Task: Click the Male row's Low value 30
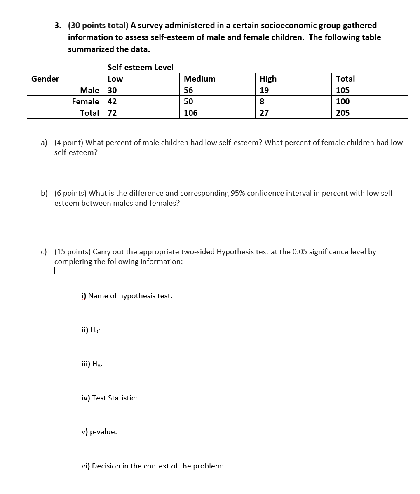(x=112, y=90)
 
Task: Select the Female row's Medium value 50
(x=188, y=101)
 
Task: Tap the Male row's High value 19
(x=264, y=90)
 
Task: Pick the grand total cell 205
(x=343, y=113)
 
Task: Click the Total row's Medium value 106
(x=190, y=113)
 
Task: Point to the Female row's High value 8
(x=262, y=101)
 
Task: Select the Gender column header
(x=45, y=79)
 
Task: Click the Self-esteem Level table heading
(x=140, y=67)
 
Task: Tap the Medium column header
(x=199, y=79)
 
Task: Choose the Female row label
(x=85, y=101)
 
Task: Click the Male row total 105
(x=343, y=90)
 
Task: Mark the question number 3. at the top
(x=58, y=26)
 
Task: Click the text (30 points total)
(x=98, y=26)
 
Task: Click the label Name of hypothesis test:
(x=130, y=296)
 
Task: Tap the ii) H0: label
(x=91, y=330)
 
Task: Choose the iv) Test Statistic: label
(x=109, y=398)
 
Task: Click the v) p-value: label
(x=99, y=432)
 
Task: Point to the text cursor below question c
(x=55, y=271)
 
